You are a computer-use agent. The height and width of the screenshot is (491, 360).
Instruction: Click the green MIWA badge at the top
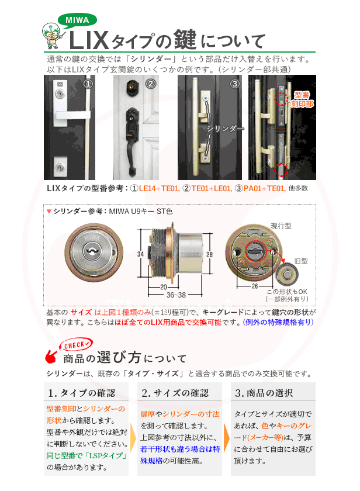(x=77, y=19)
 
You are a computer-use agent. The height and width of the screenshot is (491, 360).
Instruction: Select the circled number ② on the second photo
(x=151, y=84)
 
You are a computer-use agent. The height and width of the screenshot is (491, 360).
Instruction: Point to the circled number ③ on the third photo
(x=234, y=84)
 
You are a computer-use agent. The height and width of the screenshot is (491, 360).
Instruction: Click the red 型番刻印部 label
(x=303, y=99)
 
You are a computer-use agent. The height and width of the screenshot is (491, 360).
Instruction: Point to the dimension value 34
(x=141, y=255)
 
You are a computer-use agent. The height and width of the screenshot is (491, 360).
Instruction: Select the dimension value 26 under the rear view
(x=254, y=287)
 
